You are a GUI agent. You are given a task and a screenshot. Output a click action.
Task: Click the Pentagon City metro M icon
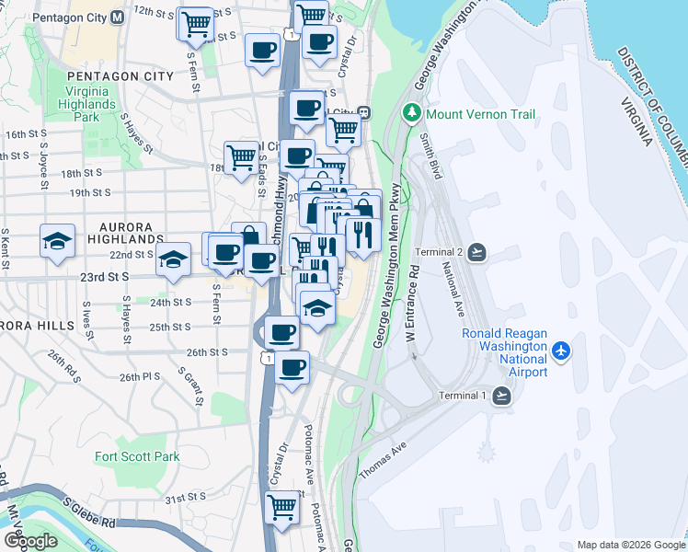[117, 17]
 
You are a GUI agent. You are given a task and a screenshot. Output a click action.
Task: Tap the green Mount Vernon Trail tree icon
[412, 114]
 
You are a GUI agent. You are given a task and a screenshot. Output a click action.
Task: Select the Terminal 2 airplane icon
[477, 252]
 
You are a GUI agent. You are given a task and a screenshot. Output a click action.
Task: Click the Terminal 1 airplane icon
[501, 396]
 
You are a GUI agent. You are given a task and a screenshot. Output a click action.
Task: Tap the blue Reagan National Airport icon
[562, 351]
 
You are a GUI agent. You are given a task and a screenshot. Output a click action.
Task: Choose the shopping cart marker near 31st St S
[282, 506]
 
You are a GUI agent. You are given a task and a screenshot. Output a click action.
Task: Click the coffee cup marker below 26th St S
[292, 368]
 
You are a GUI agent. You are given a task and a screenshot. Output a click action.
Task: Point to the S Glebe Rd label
[90, 513]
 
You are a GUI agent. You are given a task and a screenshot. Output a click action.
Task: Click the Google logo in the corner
[30, 541]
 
